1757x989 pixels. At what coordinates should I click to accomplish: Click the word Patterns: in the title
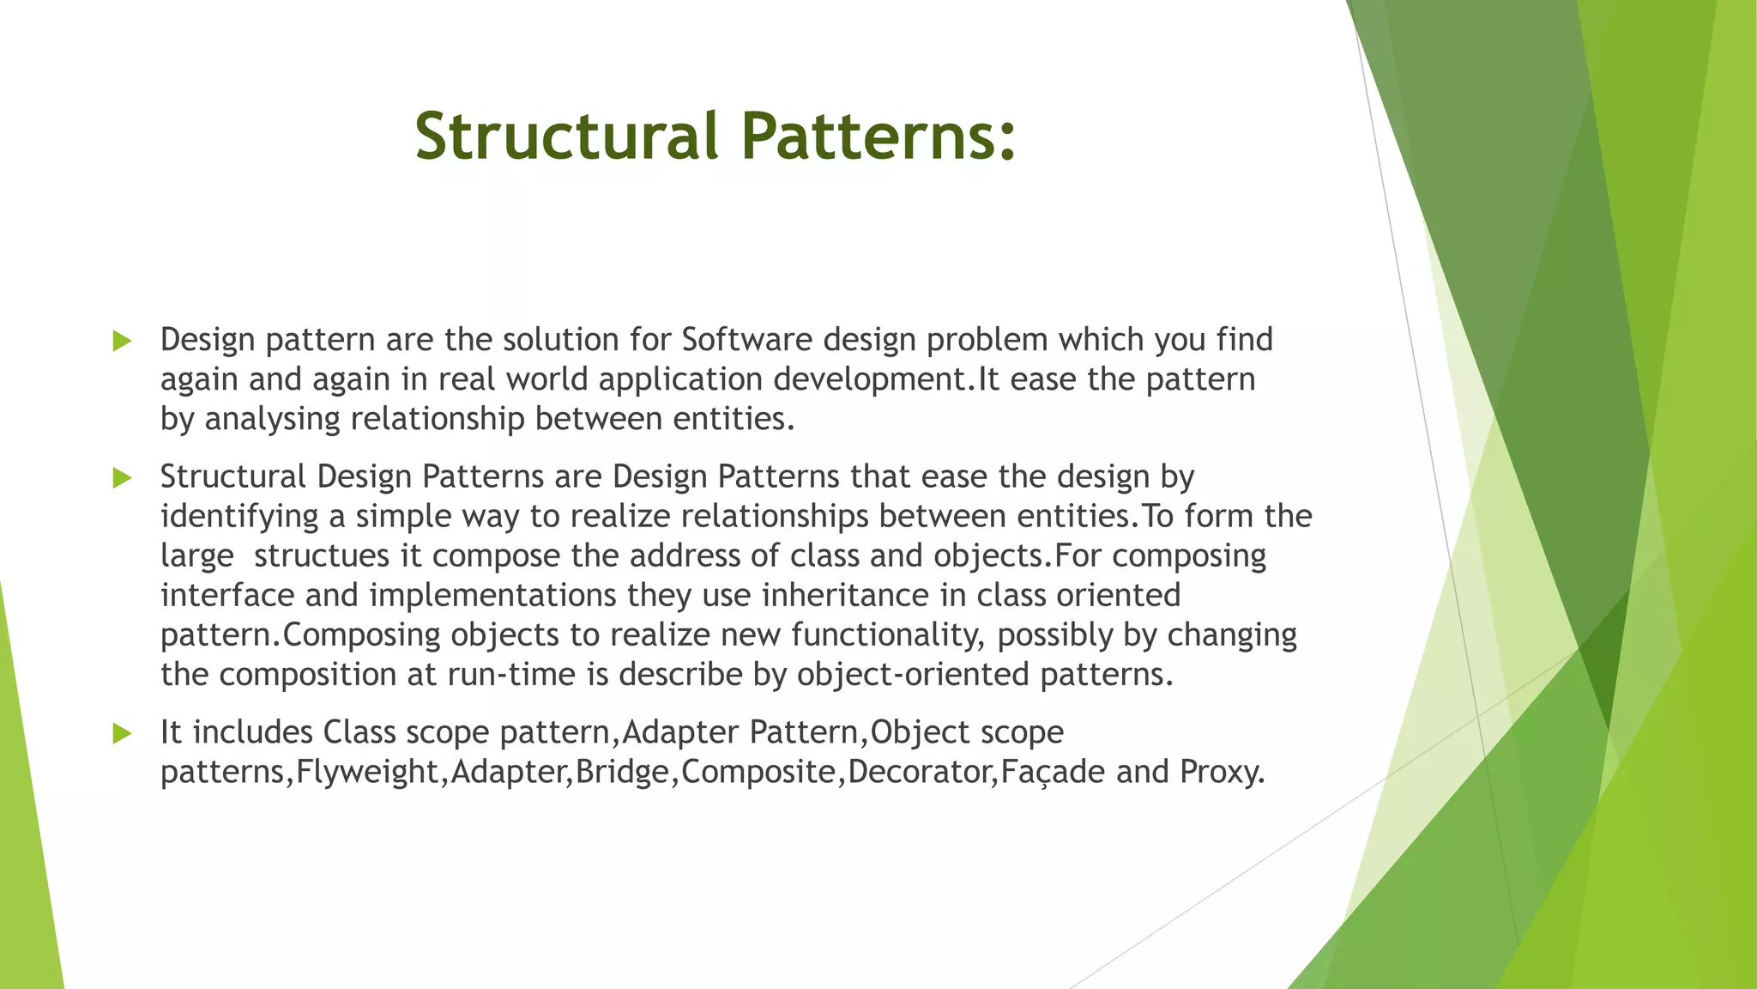coord(878,137)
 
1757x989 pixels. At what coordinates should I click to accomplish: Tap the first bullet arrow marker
coord(122,341)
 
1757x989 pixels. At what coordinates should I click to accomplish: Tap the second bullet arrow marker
coord(122,478)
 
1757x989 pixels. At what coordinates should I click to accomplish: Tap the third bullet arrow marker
coord(122,733)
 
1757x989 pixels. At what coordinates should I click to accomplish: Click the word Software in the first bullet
coord(746,340)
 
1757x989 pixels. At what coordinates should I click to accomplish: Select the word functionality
coord(888,634)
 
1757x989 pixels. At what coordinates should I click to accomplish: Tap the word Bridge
coord(622,772)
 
